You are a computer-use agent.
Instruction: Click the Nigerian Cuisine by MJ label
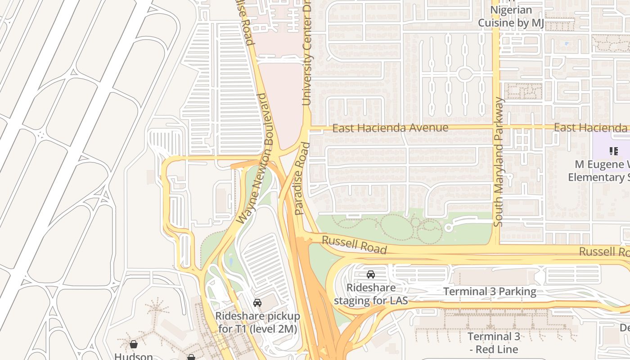pyautogui.click(x=511, y=17)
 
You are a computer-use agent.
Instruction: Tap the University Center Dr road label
pyautogui.click(x=307, y=53)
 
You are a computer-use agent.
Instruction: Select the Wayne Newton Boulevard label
pyautogui.click(x=255, y=158)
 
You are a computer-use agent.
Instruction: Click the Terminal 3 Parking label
pyautogui.click(x=490, y=292)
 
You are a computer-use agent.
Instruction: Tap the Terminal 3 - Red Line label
pyautogui.click(x=493, y=342)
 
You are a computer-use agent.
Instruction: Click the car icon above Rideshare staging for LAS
pyautogui.click(x=371, y=274)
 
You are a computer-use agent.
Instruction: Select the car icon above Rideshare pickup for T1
pyautogui.click(x=257, y=303)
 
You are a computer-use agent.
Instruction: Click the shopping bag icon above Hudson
pyautogui.click(x=134, y=345)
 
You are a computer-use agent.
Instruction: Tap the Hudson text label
pyautogui.click(x=134, y=356)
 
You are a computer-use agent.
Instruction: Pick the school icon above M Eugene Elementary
pyautogui.click(x=613, y=151)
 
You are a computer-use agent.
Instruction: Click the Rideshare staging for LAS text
pyautogui.click(x=371, y=293)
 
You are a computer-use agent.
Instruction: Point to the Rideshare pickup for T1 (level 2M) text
pyautogui.click(x=257, y=322)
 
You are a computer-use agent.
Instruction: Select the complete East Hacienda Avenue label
pyautogui.click(x=390, y=128)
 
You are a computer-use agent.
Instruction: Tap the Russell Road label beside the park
pyautogui.click(x=354, y=245)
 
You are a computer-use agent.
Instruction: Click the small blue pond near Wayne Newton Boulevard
pyautogui.click(x=231, y=261)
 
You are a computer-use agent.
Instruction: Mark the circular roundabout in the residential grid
pyautogui.click(x=464, y=74)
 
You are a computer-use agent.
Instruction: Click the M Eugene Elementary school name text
pyautogui.click(x=599, y=171)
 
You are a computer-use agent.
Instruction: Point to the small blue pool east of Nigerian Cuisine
pyautogui.click(x=566, y=44)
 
